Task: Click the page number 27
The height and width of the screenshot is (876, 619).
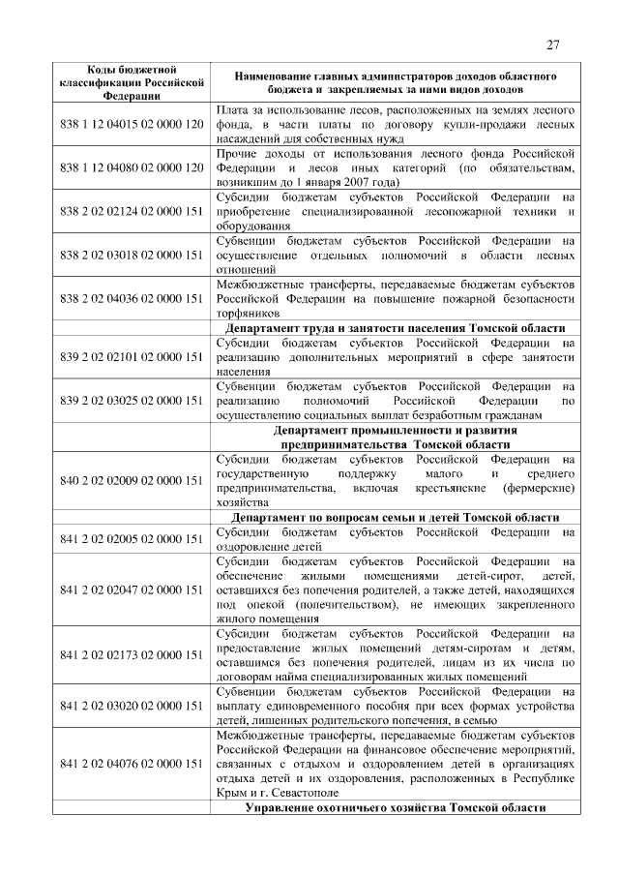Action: coord(552,45)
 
